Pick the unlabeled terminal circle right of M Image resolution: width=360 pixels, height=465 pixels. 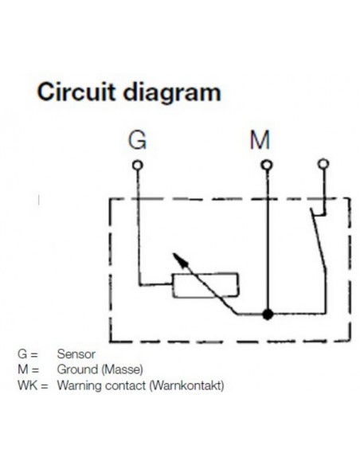pyautogui.click(x=323, y=165)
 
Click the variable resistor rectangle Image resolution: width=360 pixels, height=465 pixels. pyautogui.click(x=205, y=284)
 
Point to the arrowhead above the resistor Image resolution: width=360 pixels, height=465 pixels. pyautogui.click(x=177, y=260)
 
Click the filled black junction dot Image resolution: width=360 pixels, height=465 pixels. pyautogui.click(x=268, y=314)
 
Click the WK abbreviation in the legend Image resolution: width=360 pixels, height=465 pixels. pyautogui.click(x=25, y=388)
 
